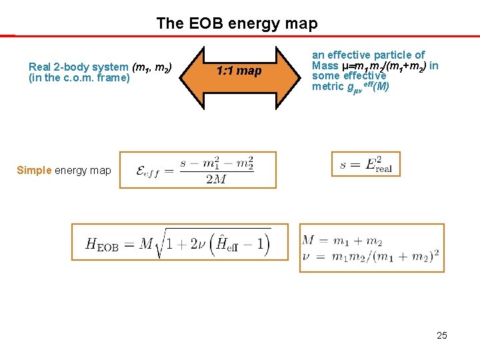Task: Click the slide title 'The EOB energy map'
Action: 237,23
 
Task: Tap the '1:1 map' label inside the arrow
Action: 239,71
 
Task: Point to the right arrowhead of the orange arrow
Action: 283,71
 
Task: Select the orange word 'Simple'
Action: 34,170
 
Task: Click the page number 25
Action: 441,335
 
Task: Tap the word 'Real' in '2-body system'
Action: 41,67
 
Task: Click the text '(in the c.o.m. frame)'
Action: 79,78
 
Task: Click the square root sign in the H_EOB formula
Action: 163,244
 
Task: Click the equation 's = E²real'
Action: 365,165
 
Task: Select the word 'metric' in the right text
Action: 327,87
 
